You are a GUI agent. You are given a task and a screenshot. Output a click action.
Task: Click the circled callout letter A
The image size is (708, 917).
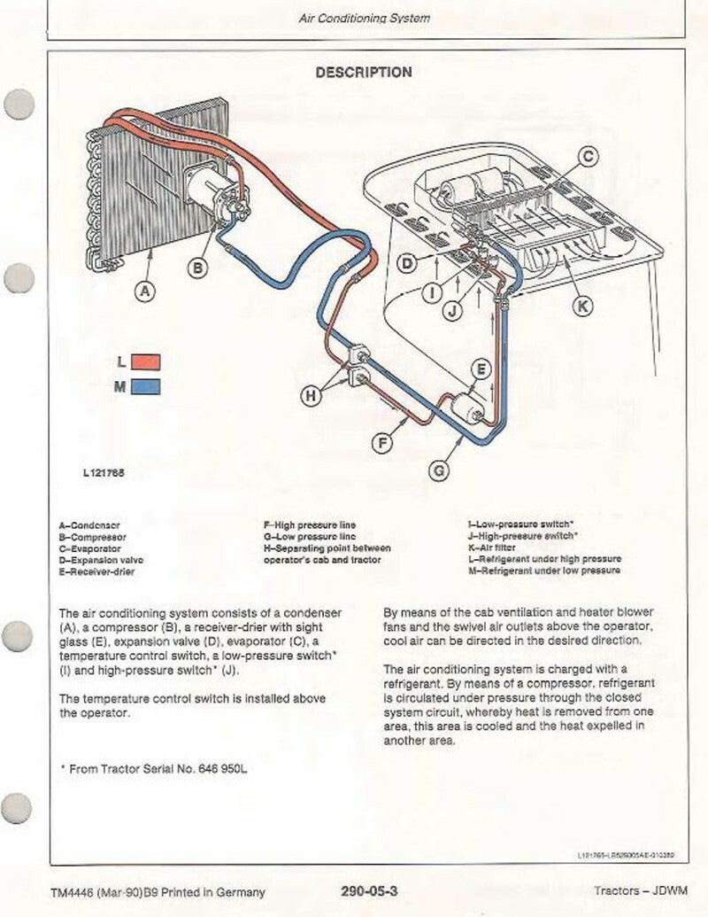pos(146,289)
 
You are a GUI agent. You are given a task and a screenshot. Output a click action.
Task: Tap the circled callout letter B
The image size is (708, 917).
pos(199,266)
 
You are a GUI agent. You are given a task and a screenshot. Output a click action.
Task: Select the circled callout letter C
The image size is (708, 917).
pos(588,158)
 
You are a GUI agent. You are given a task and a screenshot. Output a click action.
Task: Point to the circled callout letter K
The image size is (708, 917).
pos(581,306)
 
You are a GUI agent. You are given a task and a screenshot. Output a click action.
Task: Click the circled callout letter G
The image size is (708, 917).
pos(439,471)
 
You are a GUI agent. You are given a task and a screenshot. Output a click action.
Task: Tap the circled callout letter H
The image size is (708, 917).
pos(311,397)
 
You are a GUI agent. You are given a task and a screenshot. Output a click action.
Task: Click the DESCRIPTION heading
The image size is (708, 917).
pos(364,73)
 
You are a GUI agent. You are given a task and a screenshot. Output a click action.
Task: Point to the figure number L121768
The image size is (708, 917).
pos(104,472)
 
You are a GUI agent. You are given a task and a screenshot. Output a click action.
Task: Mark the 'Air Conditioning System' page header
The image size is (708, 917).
pos(365,18)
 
